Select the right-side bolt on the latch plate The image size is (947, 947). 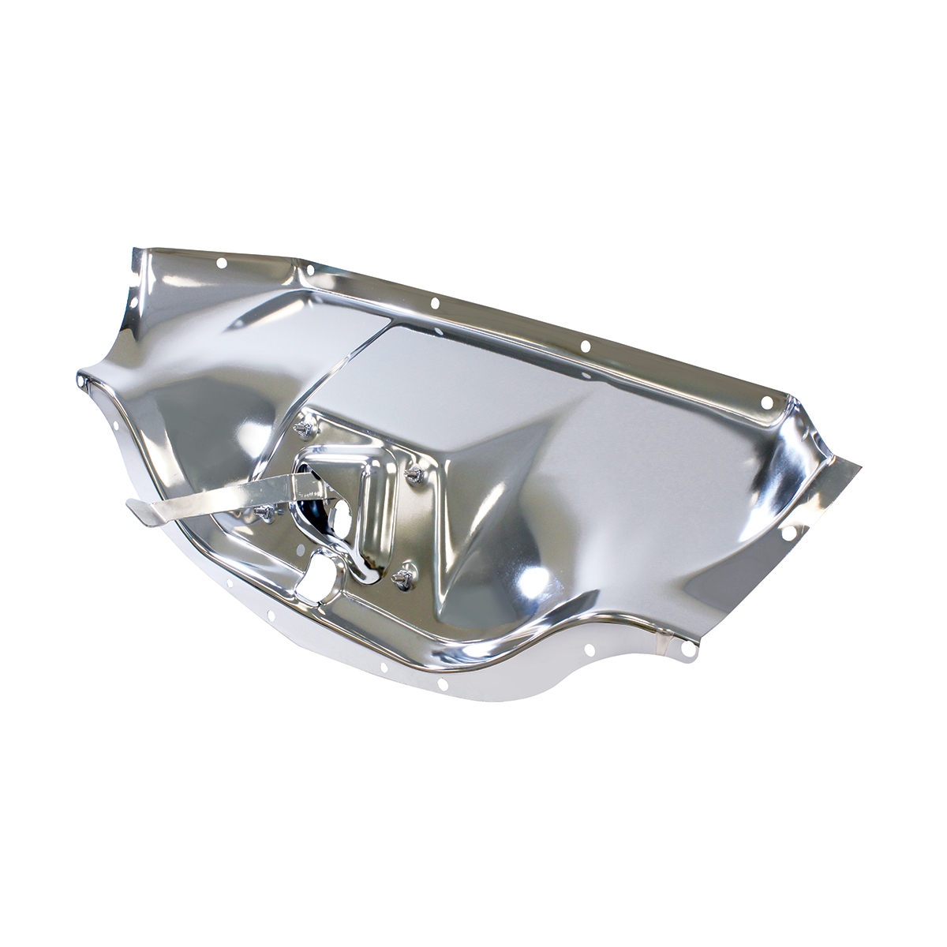coord(414,473)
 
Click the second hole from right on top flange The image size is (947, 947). coord(585,346)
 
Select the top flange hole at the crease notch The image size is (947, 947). coord(310,270)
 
